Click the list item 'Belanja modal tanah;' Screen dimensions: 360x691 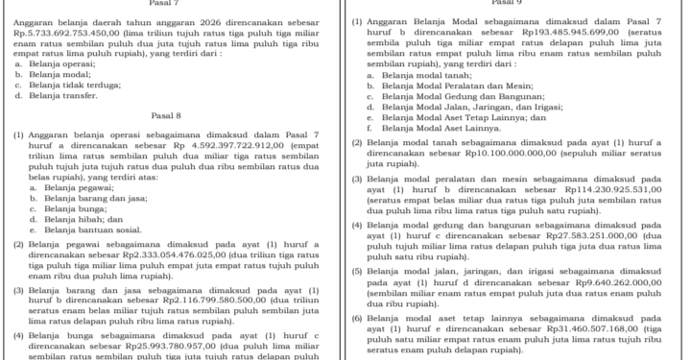[x=426, y=74]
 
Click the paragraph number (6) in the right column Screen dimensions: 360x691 [x=357, y=317]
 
